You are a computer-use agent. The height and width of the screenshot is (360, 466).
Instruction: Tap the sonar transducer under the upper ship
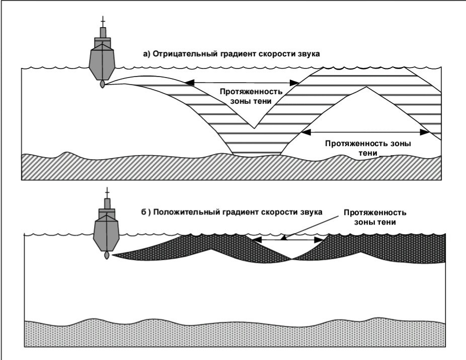(103, 85)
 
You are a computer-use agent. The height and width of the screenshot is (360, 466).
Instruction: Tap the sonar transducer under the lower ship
(106, 255)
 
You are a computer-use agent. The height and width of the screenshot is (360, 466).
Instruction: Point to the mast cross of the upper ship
(103, 22)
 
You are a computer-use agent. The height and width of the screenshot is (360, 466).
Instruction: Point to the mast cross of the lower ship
(106, 193)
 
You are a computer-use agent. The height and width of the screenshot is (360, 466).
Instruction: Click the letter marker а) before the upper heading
(147, 53)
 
